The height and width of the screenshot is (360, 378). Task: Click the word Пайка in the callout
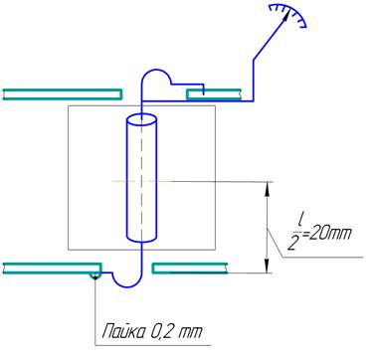point(122,331)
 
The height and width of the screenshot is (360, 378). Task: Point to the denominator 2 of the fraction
point(291,244)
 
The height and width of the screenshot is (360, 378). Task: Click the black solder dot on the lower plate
point(95,277)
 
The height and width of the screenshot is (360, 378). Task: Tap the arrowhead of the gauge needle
point(285,16)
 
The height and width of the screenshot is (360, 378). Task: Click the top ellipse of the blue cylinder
point(141,118)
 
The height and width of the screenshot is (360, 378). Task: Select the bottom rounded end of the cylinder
point(141,238)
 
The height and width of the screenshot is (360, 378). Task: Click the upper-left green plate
point(63,94)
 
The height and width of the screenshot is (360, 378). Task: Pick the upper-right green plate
point(213,94)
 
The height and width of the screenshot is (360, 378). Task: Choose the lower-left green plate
point(52,269)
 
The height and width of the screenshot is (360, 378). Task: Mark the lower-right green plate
point(190,269)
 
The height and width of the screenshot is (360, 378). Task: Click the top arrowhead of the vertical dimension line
point(267,187)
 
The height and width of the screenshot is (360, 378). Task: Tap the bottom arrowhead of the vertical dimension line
point(267,268)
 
